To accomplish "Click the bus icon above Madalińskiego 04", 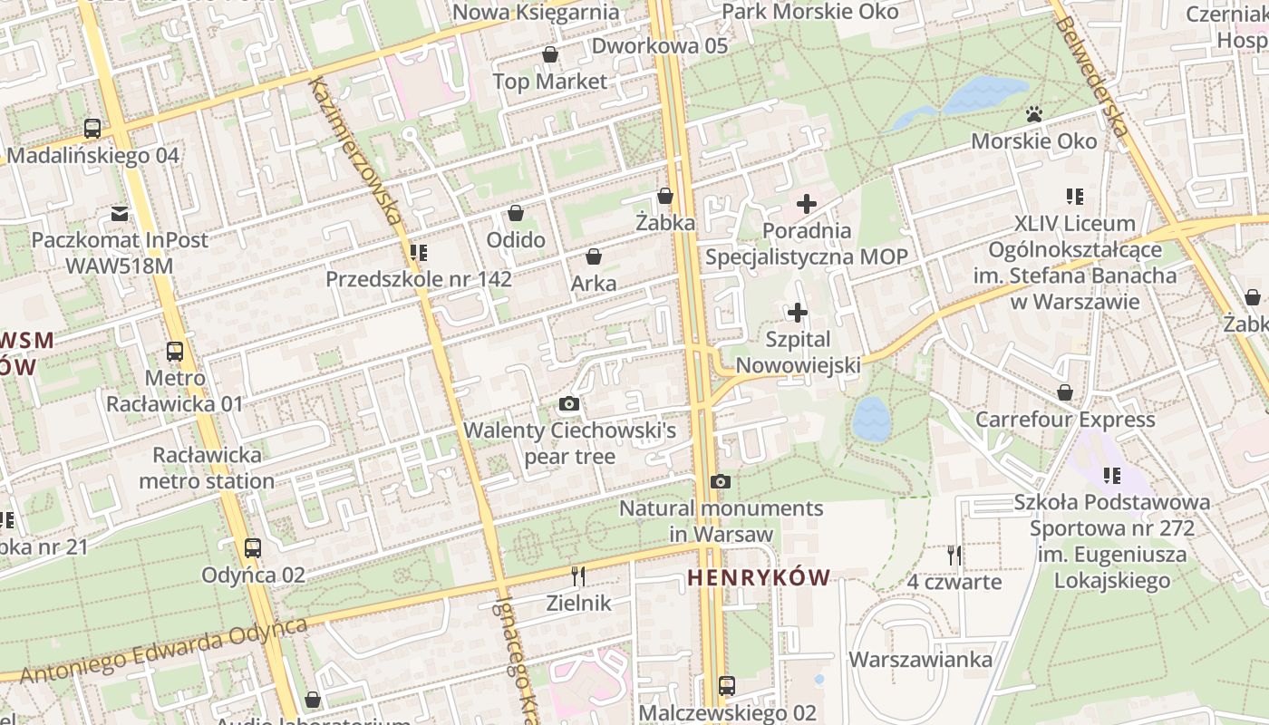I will (x=92, y=129).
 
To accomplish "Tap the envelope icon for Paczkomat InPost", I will (x=120, y=215).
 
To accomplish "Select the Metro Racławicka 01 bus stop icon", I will (x=175, y=352).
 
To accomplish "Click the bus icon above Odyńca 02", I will (x=253, y=548).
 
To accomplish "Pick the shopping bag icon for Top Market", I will (x=549, y=55).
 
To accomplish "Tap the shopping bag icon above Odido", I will (x=516, y=213).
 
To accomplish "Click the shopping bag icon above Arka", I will (x=594, y=256).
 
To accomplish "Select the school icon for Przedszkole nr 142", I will (x=418, y=253).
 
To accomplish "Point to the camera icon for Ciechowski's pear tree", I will (x=569, y=404).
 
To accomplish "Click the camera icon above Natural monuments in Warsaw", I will (x=721, y=482).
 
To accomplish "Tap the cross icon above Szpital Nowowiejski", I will (x=798, y=314).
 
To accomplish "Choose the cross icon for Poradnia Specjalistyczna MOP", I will (x=806, y=204).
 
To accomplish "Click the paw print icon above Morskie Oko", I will (x=1033, y=114).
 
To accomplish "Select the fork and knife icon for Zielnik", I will (x=578, y=575).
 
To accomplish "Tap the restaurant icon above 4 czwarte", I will (x=954, y=555).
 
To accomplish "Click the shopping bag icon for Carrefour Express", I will (x=1065, y=393).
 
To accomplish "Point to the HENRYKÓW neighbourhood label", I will (x=758, y=578).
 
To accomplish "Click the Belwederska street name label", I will (x=1091, y=77).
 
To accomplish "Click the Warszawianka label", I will (x=920, y=660).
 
